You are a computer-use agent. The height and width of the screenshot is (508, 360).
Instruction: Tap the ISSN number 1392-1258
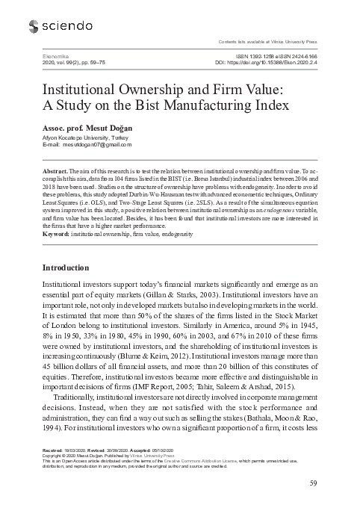[262, 56]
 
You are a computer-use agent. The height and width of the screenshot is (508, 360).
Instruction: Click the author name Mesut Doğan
[95, 125]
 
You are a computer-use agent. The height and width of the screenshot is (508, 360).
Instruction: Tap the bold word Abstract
[59, 171]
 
